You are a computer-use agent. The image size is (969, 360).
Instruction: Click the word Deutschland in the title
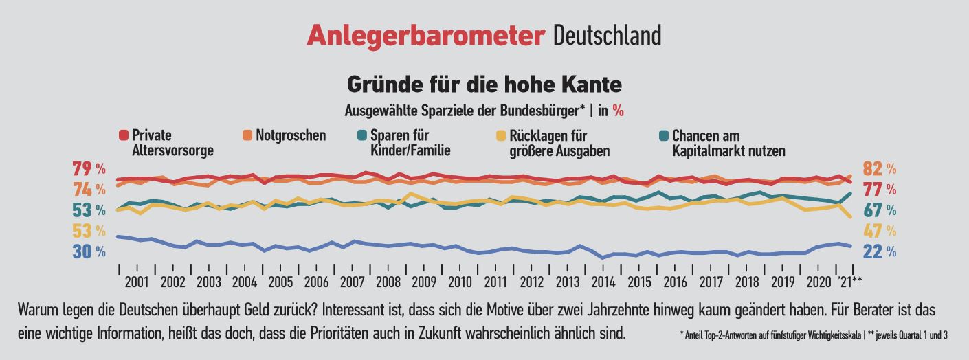[607, 36]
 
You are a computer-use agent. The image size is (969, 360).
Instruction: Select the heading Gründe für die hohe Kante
[485, 85]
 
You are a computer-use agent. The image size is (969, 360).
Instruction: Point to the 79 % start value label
[89, 168]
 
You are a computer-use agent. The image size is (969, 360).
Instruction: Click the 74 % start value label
[89, 189]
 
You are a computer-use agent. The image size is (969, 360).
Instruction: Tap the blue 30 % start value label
[89, 252]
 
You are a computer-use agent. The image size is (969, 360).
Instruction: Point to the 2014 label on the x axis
[603, 282]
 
